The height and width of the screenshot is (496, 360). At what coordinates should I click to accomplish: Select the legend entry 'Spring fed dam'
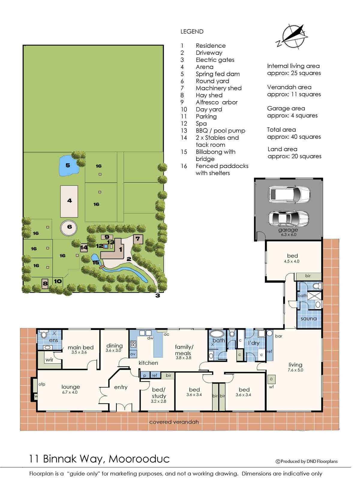click(217, 74)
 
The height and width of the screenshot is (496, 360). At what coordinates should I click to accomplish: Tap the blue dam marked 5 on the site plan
click(69, 166)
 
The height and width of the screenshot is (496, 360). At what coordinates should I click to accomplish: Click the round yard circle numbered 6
click(69, 227)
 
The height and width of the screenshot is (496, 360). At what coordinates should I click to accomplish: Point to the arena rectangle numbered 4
click(69, 201)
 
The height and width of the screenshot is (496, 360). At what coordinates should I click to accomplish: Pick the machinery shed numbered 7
click(138, 239)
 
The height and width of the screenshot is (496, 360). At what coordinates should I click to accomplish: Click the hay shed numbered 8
click(45, 284)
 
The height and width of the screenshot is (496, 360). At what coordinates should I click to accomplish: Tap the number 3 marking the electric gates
click(157, 296)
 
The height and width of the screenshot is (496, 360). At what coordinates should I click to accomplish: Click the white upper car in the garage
click(289, 195)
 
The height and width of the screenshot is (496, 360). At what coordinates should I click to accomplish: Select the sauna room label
click(309, 319)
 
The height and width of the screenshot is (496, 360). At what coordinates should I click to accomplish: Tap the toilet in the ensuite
click(43, 334)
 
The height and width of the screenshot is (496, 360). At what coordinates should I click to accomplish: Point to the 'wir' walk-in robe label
click(49, 360)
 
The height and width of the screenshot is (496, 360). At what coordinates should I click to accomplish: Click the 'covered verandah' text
click(174, 422)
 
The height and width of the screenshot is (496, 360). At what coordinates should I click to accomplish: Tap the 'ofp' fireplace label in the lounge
click(42, 385)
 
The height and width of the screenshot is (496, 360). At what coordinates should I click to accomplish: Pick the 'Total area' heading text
click(281, 130)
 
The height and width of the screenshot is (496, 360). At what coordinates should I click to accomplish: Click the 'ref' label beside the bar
click(269, 351)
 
